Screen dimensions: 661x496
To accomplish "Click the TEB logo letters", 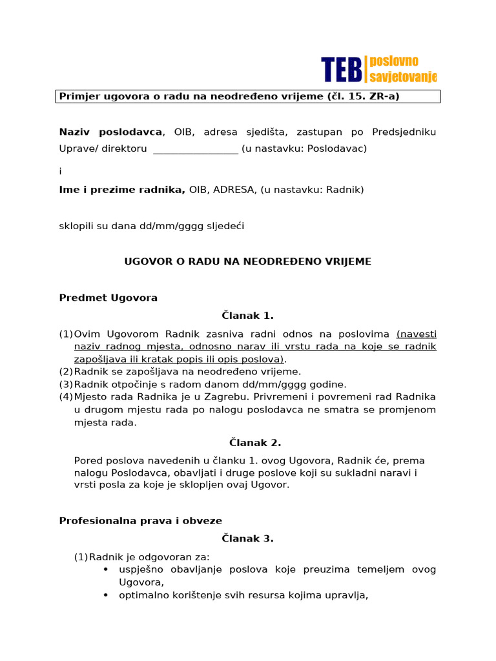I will pos(342,69).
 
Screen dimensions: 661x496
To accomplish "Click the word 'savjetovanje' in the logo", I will pos(402,77).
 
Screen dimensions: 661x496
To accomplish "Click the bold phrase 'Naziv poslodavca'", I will pos(110,132).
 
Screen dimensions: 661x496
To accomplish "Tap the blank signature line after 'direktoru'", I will pos(195,149).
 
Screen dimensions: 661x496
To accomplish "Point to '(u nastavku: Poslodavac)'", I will pos(304,148).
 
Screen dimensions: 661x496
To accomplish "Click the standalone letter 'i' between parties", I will pos(61,172).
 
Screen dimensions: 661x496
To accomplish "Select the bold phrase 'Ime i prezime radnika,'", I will pos(122,190).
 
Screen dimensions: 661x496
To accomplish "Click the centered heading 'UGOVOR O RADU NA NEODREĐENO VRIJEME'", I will pos(247,261).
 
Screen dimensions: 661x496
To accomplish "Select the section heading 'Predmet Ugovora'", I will pos(108,298).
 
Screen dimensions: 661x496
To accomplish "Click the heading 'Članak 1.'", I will pos(247,316).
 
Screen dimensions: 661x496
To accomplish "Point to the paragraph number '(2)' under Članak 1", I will pos(66,372).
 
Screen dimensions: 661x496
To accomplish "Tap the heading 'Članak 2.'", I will pos(247,443).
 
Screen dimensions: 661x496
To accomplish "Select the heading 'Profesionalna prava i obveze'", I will pos(141,521).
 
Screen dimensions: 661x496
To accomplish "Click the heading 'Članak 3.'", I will pos(247,539).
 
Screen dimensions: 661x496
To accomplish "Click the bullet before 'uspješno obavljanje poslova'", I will pos(106,569).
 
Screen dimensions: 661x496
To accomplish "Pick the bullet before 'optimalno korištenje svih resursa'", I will pos(106,596).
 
